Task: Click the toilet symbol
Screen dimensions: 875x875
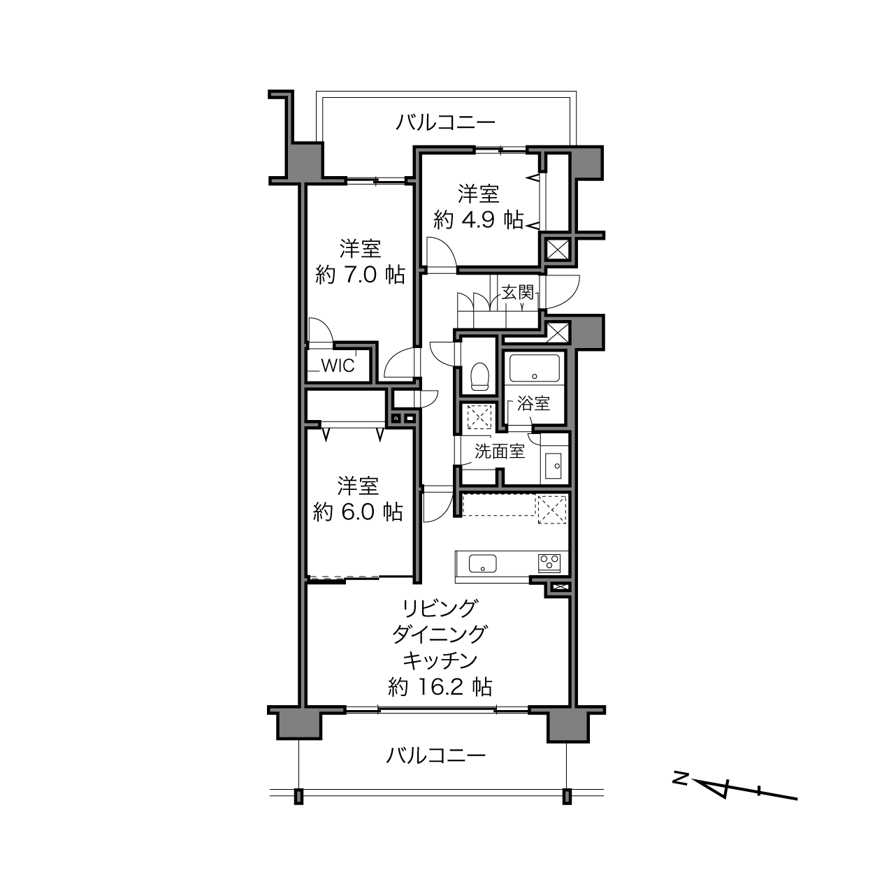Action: [x=479, y=375]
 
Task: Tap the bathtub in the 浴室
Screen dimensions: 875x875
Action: [x=534, y=368]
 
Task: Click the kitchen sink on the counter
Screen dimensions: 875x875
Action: [x=482, y=564]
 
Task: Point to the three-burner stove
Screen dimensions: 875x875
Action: [x=549, y=563]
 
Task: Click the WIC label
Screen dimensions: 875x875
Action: [x=338, y=366]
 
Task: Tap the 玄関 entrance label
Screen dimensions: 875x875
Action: [x=517, y=292]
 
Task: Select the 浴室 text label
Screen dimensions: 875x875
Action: [x=534, y=403]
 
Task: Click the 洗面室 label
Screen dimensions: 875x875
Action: [x=500, y=451]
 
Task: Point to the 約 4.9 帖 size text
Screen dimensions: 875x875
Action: [x=478, y=220]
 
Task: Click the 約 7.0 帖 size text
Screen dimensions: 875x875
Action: [x=360, y=275]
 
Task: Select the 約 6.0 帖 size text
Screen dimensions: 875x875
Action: [x=358, y=512]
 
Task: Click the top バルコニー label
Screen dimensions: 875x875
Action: [x=445, y=122]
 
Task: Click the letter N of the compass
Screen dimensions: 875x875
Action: [x=680, y=778]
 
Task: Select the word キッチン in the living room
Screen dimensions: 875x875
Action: [x=440, y=660]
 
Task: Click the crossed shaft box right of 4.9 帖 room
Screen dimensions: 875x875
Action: [x=558, y=250]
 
